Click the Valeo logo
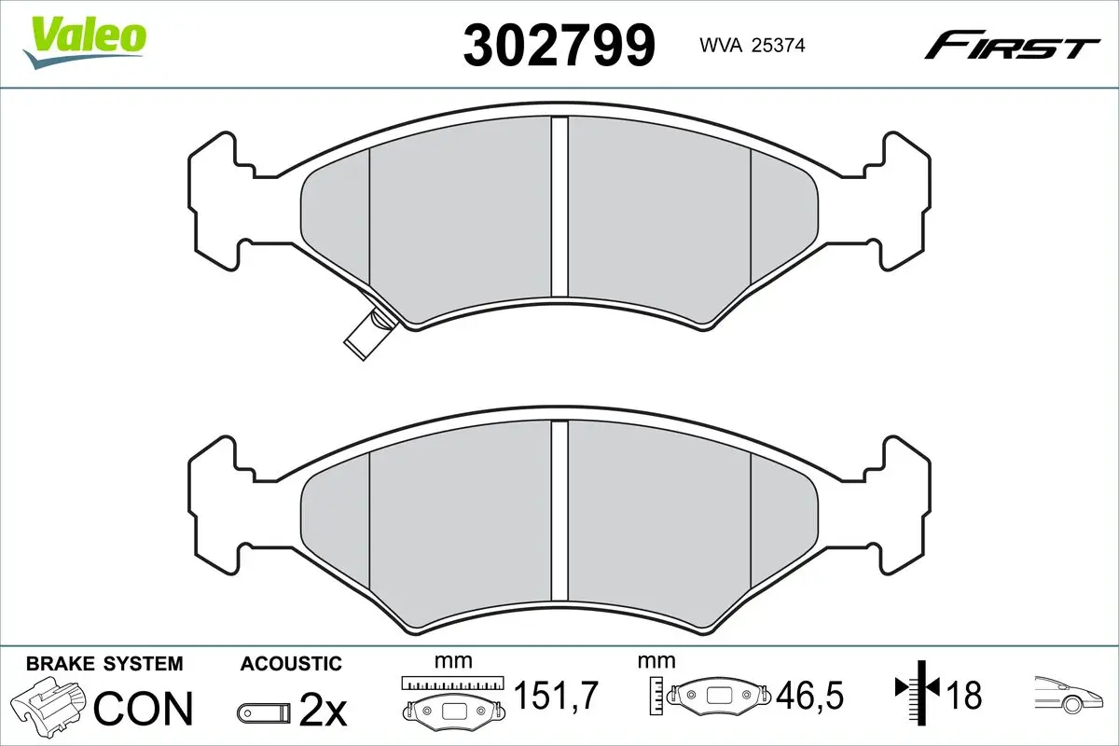click(x=85, y=39)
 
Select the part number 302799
click(x=559, y=44)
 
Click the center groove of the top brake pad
click(x=559, y=205)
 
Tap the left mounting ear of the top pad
click(x=214, y=200)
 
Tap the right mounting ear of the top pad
click(x=905, y=200)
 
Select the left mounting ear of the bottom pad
click(x=214, y=504)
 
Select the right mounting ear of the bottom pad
click(x=905, y=504)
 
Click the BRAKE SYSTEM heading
click(x=104, y=664)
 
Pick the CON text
click(x=144, y=709)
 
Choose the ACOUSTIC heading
click(x=291, y=664)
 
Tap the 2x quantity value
click(x=323, y=711)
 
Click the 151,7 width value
click(x=556, y=695)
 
